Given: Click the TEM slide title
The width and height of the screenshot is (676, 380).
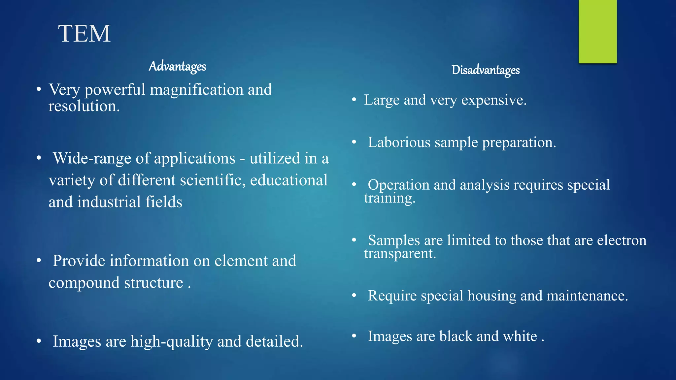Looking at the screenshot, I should pos(84,34).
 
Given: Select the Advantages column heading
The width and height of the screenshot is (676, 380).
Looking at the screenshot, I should pos(177,66).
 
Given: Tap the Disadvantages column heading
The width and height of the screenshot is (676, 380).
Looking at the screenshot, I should pos(486,70).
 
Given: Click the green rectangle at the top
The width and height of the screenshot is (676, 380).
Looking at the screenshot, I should pos(597,31).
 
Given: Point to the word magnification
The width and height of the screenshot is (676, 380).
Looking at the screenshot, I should pos(197,90).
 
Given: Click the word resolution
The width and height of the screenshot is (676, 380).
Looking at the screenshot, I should pos(84,106).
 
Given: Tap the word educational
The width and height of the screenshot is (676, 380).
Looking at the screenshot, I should pos(289,180).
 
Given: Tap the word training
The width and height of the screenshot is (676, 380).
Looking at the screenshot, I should pos(389,198).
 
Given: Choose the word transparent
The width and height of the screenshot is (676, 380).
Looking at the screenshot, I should pos(400,254).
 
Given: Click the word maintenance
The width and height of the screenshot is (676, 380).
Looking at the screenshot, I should pos(587,296).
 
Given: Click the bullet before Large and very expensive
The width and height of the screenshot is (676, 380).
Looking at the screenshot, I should pos(354,100).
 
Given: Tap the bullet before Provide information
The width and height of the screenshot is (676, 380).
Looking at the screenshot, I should pos(39,261).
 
